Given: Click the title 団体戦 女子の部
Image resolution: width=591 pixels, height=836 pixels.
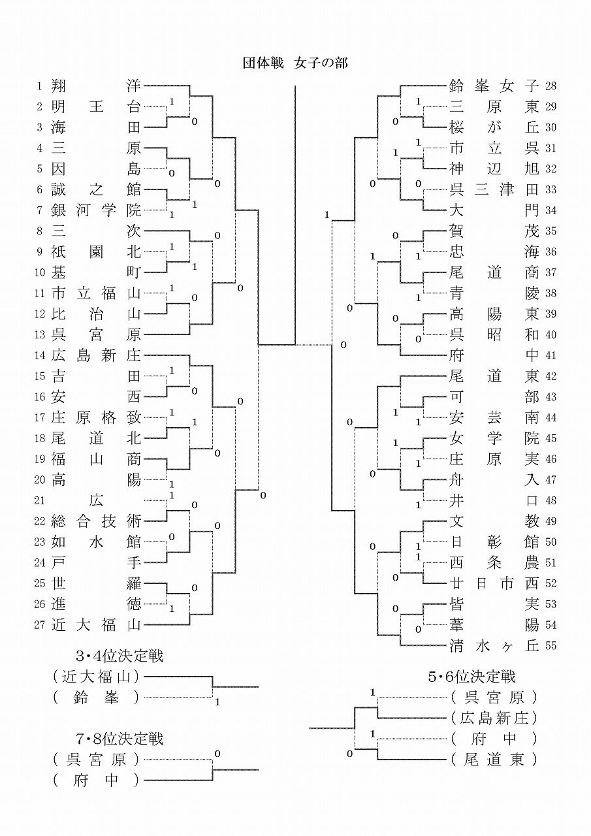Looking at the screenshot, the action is (x=295, y=63).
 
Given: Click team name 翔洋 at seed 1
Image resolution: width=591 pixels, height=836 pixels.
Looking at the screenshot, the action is (x=96, y=86).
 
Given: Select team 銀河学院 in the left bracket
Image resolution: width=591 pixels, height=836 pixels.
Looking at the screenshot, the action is (x=96, y=210).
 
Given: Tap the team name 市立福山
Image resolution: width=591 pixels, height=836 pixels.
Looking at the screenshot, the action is (x=96, y=293).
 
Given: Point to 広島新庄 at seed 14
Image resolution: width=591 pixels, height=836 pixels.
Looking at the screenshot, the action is (x=96, y=355).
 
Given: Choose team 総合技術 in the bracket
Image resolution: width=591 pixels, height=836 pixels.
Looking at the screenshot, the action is (x=96, y=521).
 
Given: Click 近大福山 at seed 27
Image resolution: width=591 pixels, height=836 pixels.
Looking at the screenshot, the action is (x=96, y=625).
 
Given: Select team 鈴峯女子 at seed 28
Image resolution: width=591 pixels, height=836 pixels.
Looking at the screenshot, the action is (x=494, y=86).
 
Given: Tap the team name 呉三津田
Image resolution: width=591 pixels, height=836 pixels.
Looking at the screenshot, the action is (x=494, y=189).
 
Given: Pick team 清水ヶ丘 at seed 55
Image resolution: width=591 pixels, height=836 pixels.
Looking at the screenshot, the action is (x=494, y=646).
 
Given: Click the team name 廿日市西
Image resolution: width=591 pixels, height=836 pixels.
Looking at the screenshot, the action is (x=494, y=583).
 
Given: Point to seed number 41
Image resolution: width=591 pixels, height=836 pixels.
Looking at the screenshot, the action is (x=550, y=356).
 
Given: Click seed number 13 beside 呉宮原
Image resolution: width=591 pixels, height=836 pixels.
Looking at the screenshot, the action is (x=40, y=335).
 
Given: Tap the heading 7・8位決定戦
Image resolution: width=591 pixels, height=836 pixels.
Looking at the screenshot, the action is (x=120, y=739).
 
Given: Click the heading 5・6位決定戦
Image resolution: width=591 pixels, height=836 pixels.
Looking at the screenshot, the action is (x=471, y=677).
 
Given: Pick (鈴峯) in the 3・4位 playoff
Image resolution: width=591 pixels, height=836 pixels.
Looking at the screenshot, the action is (x=96, y=698).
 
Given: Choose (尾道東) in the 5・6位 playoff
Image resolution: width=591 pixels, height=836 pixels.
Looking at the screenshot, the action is (x=494, y=760).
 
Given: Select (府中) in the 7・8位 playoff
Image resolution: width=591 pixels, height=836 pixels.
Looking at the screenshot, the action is (x=96, y=780).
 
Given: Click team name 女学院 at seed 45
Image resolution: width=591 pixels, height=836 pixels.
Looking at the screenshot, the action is (x=494, y=438).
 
